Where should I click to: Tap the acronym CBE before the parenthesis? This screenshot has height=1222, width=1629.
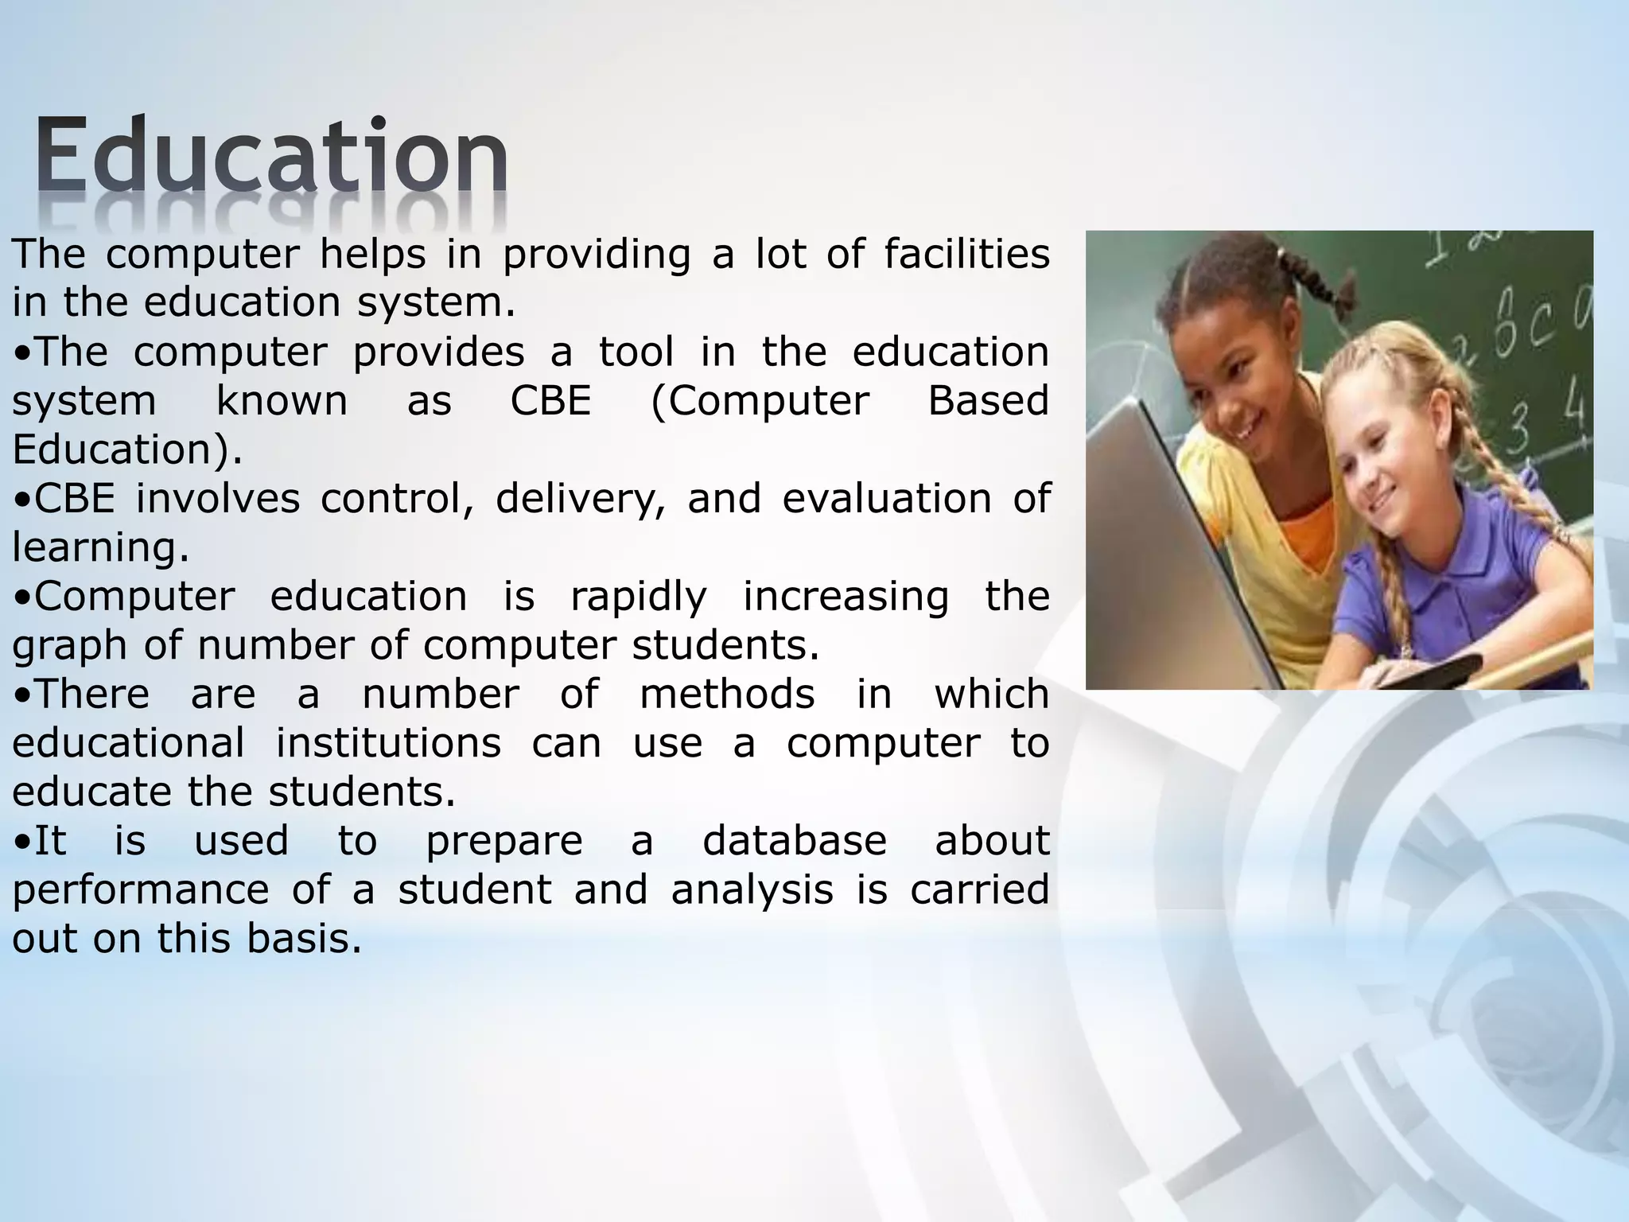pyautogui.click(x=550, y=401)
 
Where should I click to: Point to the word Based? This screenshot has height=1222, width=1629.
pyautogui.click(x=988, y=401)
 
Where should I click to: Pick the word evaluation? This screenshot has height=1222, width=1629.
pyautogui.click(x=886, y=499)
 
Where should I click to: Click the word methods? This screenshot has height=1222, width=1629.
pyautogui.click(x=727, y=695)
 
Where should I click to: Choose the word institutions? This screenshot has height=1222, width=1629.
pyautogui.click(x=388, y=743)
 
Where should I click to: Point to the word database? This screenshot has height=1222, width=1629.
pyautogui.click(x=794, y=841)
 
